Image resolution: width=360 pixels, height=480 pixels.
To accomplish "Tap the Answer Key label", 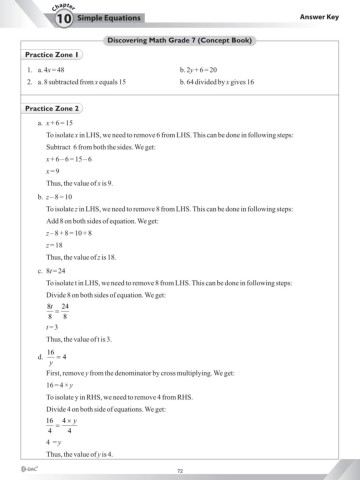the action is point(321,18).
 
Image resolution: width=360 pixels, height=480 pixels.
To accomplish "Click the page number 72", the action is point(179,469).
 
